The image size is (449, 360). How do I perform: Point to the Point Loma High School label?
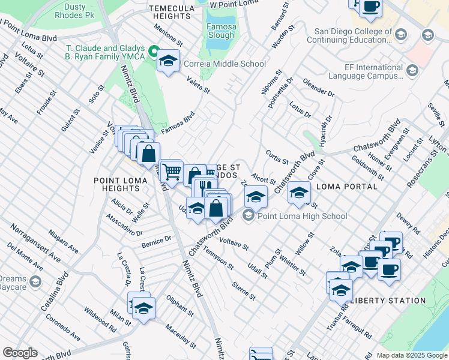pyautogui.click(x=302, y=216)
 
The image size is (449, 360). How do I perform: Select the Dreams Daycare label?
pyautogui.click(x=13, y=283)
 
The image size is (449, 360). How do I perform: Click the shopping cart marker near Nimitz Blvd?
pyautogui.click(x=172, y=172)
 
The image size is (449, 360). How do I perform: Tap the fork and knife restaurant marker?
pyautogui.click(x=205, y=187)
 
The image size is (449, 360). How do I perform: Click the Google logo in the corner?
pyautogui.click(x=19, y=353)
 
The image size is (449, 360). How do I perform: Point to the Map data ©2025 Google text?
pyautogui.click(x=412, y=355)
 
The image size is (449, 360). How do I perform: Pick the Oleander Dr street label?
pyautogui.click(x=318, y=87)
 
